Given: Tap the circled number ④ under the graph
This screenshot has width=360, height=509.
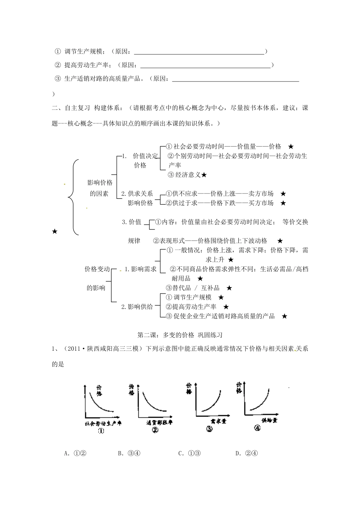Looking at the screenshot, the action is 258,429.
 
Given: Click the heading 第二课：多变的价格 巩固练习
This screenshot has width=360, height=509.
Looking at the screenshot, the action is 180,335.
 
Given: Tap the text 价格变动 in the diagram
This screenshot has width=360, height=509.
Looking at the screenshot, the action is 97,269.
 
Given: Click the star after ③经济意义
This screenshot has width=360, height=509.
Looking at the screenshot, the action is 204,175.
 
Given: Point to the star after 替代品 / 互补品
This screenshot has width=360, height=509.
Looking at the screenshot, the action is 229,288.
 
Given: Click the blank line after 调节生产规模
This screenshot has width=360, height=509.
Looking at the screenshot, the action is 199,54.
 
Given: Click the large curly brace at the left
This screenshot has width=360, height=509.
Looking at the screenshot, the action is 73,197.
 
